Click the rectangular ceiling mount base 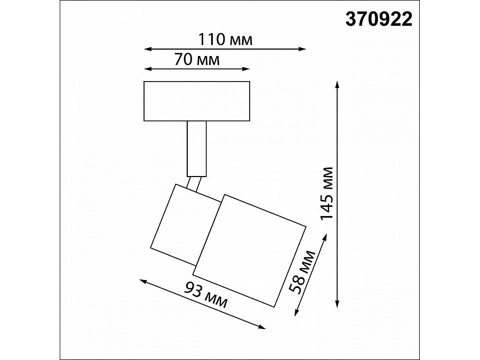point(197,101)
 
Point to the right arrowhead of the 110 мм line point(303,50)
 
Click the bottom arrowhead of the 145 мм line point(337,305)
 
